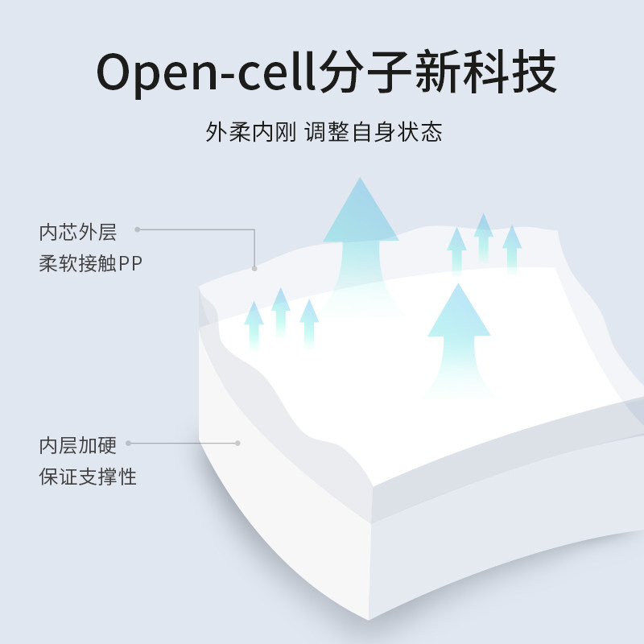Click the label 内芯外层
78,233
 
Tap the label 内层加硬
78,446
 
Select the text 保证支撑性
89,476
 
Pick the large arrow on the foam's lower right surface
458,334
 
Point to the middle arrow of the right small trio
483,237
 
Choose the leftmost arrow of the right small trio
456,250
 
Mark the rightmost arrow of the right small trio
511,247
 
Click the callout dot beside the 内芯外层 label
138,229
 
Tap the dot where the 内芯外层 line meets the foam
254,268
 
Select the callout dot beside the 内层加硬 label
128,443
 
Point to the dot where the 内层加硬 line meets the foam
237,443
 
